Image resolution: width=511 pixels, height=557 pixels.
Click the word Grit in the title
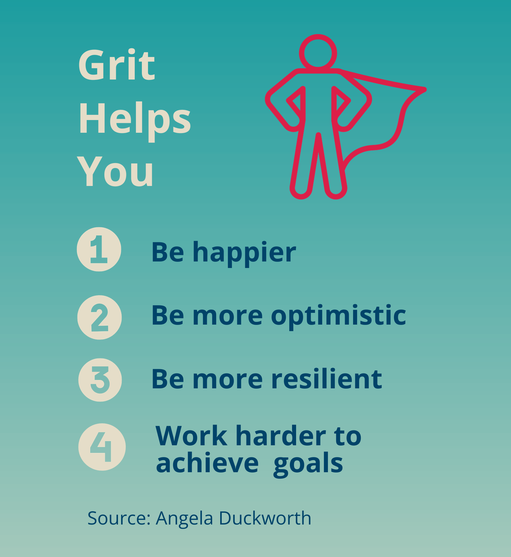coord(116,65)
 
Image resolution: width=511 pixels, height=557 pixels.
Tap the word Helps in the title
coord(135,119)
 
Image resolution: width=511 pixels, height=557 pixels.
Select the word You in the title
coord(115,172)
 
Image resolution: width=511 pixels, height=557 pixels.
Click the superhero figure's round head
coord(318,53)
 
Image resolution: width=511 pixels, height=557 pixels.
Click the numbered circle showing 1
coord(99,249)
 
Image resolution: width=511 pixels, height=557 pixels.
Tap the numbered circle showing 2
coord(99,317)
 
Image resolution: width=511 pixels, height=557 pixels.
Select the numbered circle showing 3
coord(100,380)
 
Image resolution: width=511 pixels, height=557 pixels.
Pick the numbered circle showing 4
coord(102,447)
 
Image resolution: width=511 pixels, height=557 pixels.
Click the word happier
coord(244,253)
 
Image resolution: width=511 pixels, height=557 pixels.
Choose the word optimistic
coord(338,316)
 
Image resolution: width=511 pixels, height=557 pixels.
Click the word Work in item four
coord(191,436)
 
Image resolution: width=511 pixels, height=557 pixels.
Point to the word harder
coord(281,436)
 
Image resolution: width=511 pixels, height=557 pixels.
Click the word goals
coord(308,464)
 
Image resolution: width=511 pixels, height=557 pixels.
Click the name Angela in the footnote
coord(184,519)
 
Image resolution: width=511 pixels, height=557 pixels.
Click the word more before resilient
coord(228,380)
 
